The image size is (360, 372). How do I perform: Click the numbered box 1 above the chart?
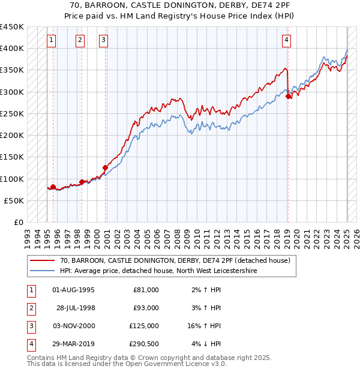click(x=52, y=40)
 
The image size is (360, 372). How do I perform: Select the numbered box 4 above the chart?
click(x=287, y=40)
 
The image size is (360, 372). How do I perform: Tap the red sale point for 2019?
click(x=289, y=96)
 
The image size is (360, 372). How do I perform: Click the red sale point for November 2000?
click(x=105, y=168)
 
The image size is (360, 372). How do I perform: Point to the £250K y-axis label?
click(x=12, y=113)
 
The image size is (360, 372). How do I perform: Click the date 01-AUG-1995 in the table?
click(x=74, y=290)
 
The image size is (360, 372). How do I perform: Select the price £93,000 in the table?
click(x=146, y=308)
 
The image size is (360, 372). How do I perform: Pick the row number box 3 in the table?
click(x=30, y=326)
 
